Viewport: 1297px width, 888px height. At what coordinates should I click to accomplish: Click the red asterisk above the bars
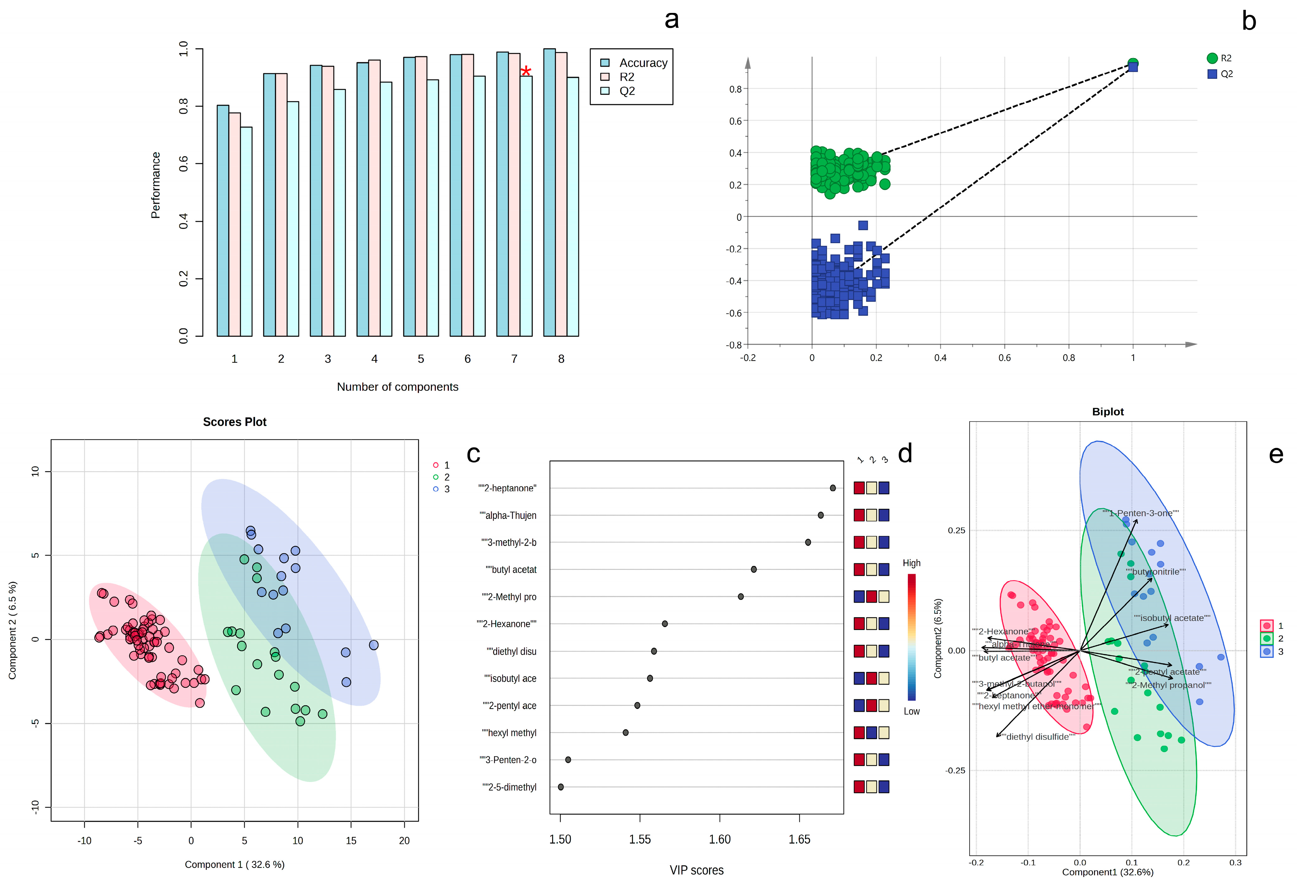pyautogui.click(x=526, y=71)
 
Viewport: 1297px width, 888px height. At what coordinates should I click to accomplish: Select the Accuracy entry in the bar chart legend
pyautogui.click(x=643, y=63)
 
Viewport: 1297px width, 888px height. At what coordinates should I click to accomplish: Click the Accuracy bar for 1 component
pyautogui.click(x=223, y=221)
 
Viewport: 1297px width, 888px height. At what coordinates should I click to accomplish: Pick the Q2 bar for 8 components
pyautogui.click(x=573, y=207)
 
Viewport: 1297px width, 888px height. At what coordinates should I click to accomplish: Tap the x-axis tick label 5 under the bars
pyautogui.click(x=421, y=359)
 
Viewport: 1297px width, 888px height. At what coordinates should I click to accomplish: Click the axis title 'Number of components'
pyautogui.click(x=397, y=387)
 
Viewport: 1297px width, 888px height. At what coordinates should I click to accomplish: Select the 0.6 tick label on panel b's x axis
pyautogui.click(x=1005, y=358)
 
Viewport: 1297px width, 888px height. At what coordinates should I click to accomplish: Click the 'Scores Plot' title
pyautogui.click(x=234, y=422)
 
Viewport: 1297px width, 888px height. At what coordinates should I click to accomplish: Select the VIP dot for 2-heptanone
pyautogui.click(x=833, y=488)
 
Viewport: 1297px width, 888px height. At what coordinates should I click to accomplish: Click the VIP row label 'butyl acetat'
pyautogui.click(x=511, y=570)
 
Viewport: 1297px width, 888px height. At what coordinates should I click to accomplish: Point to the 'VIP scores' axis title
pyautogui.click(x=697, y=870)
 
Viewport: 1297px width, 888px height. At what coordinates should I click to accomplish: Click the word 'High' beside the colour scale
pyautogui.click(x=911, y=563)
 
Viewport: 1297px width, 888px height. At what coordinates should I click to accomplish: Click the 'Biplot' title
pyautogui.click(x=1108, y=412)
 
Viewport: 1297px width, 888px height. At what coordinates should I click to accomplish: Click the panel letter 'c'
pyautogui.click(x=473, y=454)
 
